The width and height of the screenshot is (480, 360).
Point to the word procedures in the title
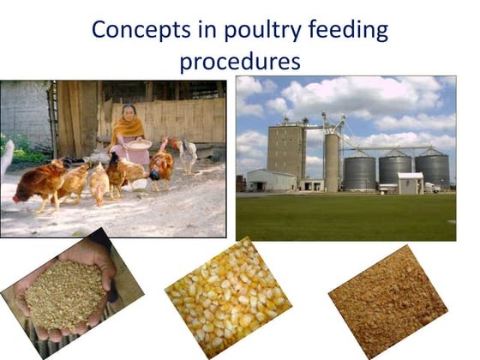coord(239,62)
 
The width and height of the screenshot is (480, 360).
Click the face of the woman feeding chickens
coord(129,114)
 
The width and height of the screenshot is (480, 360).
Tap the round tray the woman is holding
coord(138,145)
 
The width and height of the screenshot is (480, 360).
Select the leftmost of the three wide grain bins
coord(359,171)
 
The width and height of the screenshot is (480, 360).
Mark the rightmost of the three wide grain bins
coord(434,170)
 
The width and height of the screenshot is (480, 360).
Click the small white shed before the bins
coord(411,183)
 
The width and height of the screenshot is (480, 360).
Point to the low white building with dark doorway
coord(270,180)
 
